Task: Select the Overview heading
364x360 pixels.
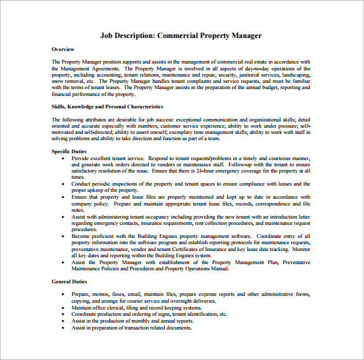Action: [63, 49]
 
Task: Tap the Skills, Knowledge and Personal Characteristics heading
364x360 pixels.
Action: [107, 107]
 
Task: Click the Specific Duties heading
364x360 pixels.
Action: [69, 151]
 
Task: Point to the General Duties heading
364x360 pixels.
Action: [68, 282]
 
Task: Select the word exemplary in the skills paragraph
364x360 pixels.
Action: [176, 132]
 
